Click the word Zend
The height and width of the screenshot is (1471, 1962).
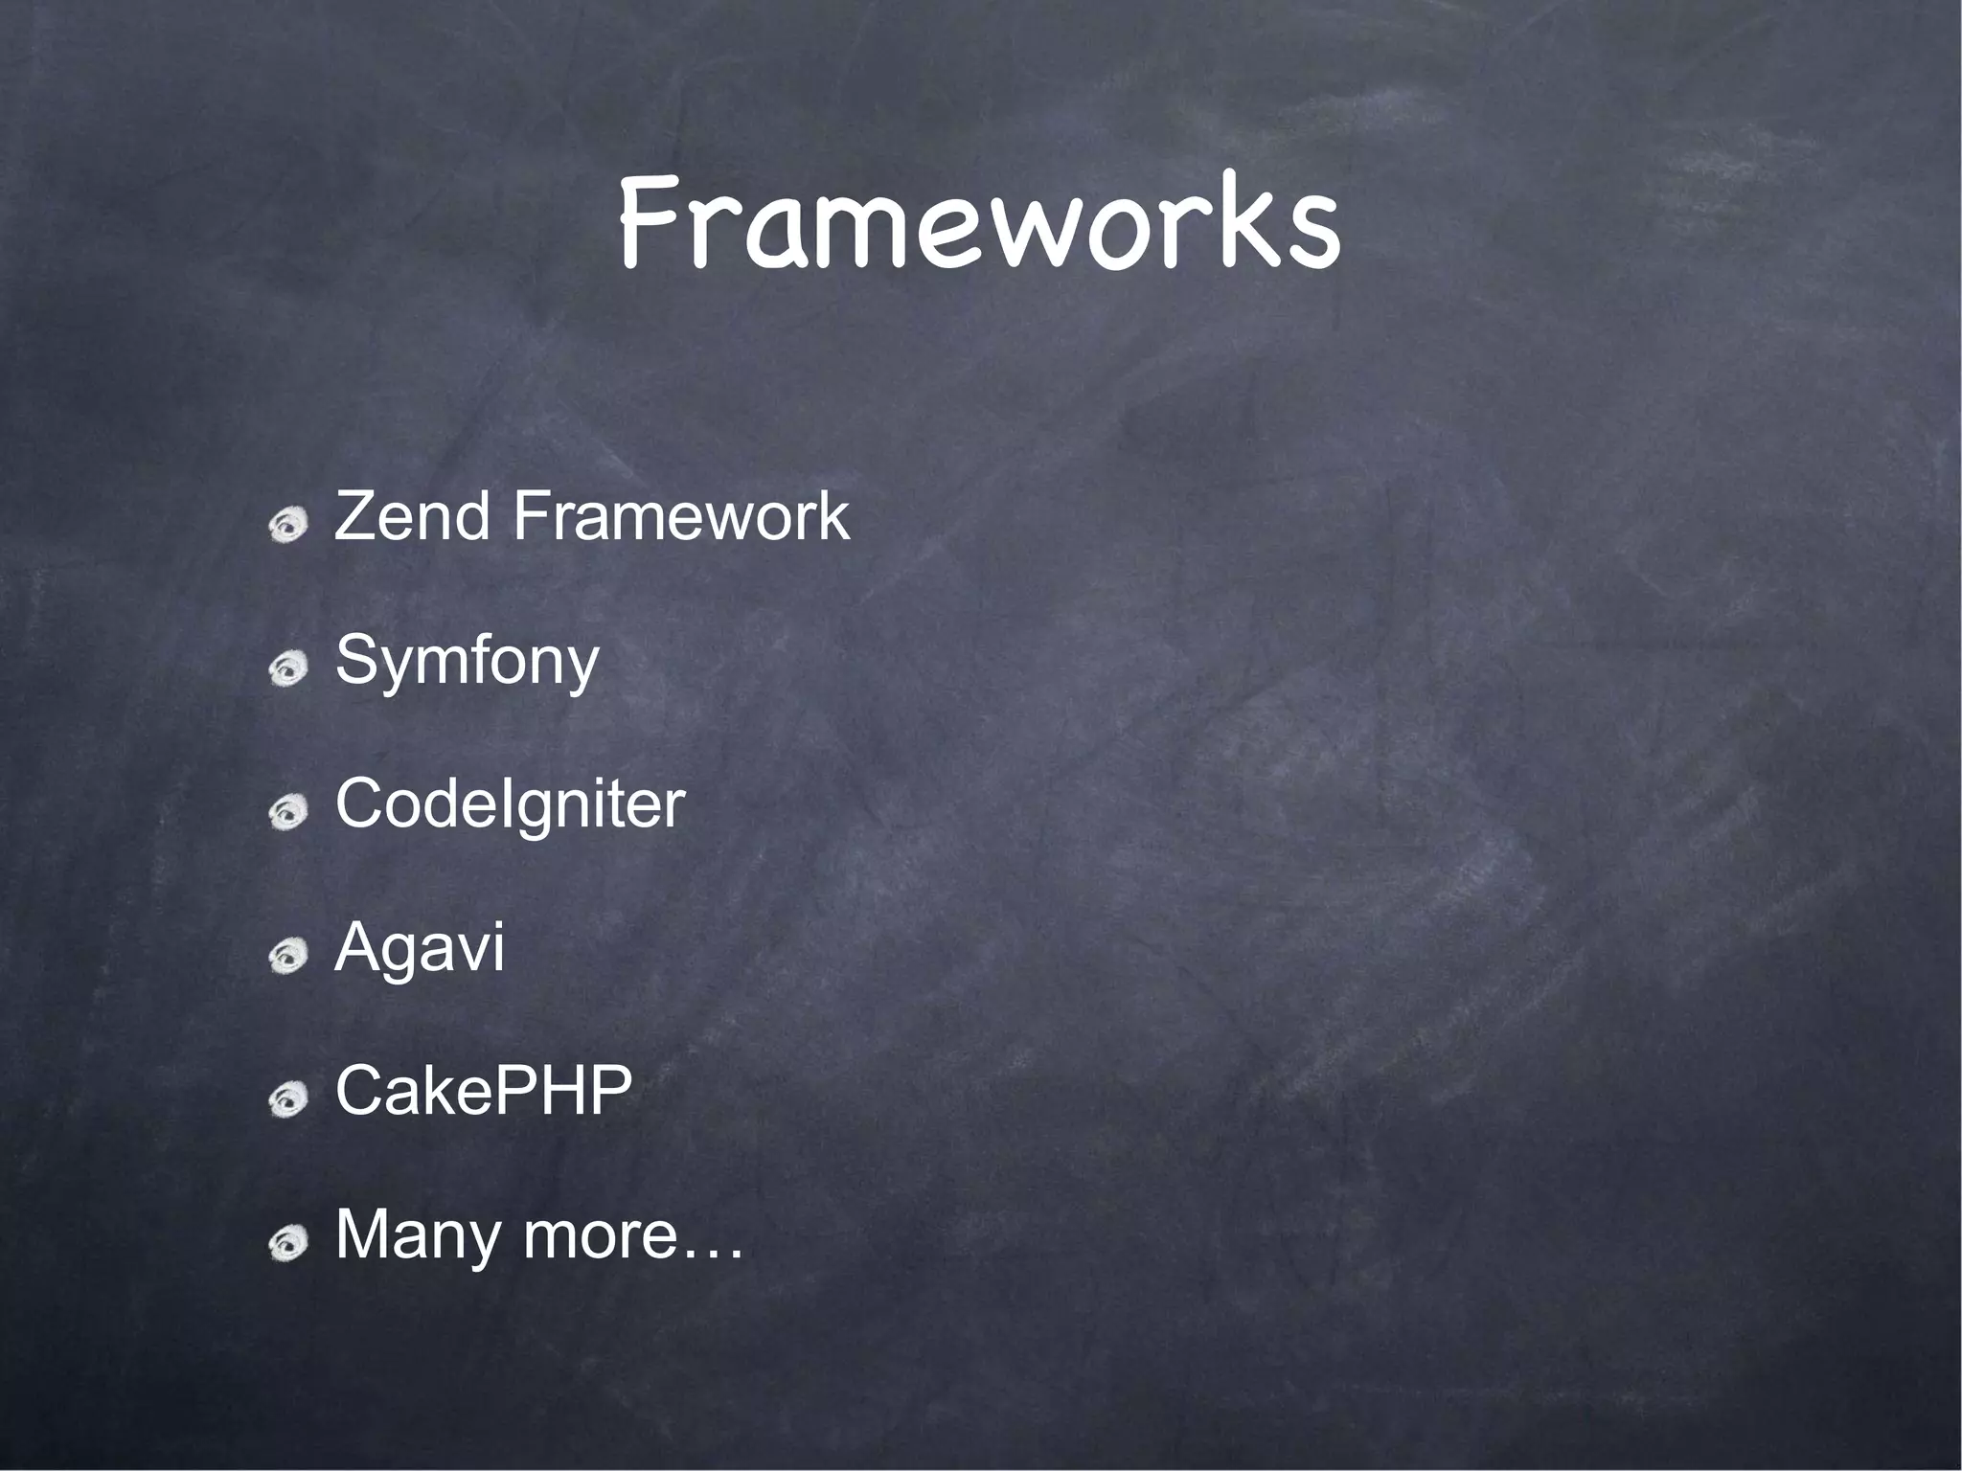(413, 516)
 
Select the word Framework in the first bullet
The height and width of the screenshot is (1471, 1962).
(681, 516)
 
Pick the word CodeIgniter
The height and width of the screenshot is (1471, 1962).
(510, 803)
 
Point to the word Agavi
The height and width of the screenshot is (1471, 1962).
(420, 947)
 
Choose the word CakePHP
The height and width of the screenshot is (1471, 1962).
(484, 1091)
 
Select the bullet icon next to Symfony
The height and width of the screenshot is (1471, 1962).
(288, 668)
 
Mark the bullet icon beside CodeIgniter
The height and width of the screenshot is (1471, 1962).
(288, 812)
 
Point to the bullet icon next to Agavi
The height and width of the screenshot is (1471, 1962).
(288, 956)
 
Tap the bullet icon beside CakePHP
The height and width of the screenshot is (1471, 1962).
(288, 1099)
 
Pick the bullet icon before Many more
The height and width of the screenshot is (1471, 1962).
(288, 1243)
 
